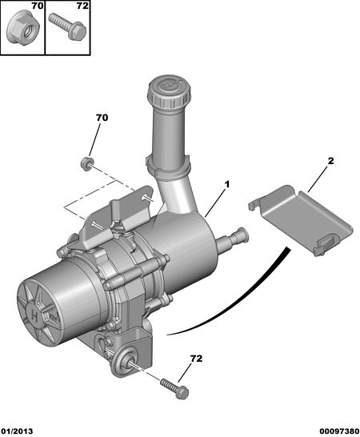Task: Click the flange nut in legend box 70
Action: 23,30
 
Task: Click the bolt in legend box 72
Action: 68,27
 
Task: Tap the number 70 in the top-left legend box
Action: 37,6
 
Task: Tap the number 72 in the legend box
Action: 82,6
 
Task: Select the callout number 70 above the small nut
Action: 102,118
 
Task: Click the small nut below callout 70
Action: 86,163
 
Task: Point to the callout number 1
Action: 227,184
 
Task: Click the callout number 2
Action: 330,161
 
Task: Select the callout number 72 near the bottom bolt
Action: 196,359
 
